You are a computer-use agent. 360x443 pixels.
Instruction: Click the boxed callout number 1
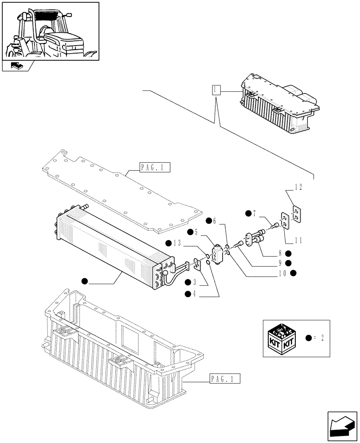[x=215, y=91]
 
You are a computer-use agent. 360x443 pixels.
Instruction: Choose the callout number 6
[x=214, y=221]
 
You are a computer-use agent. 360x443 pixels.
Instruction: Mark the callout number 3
[x=194, y=282]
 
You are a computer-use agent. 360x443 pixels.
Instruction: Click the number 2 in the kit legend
[x=322, y=338]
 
